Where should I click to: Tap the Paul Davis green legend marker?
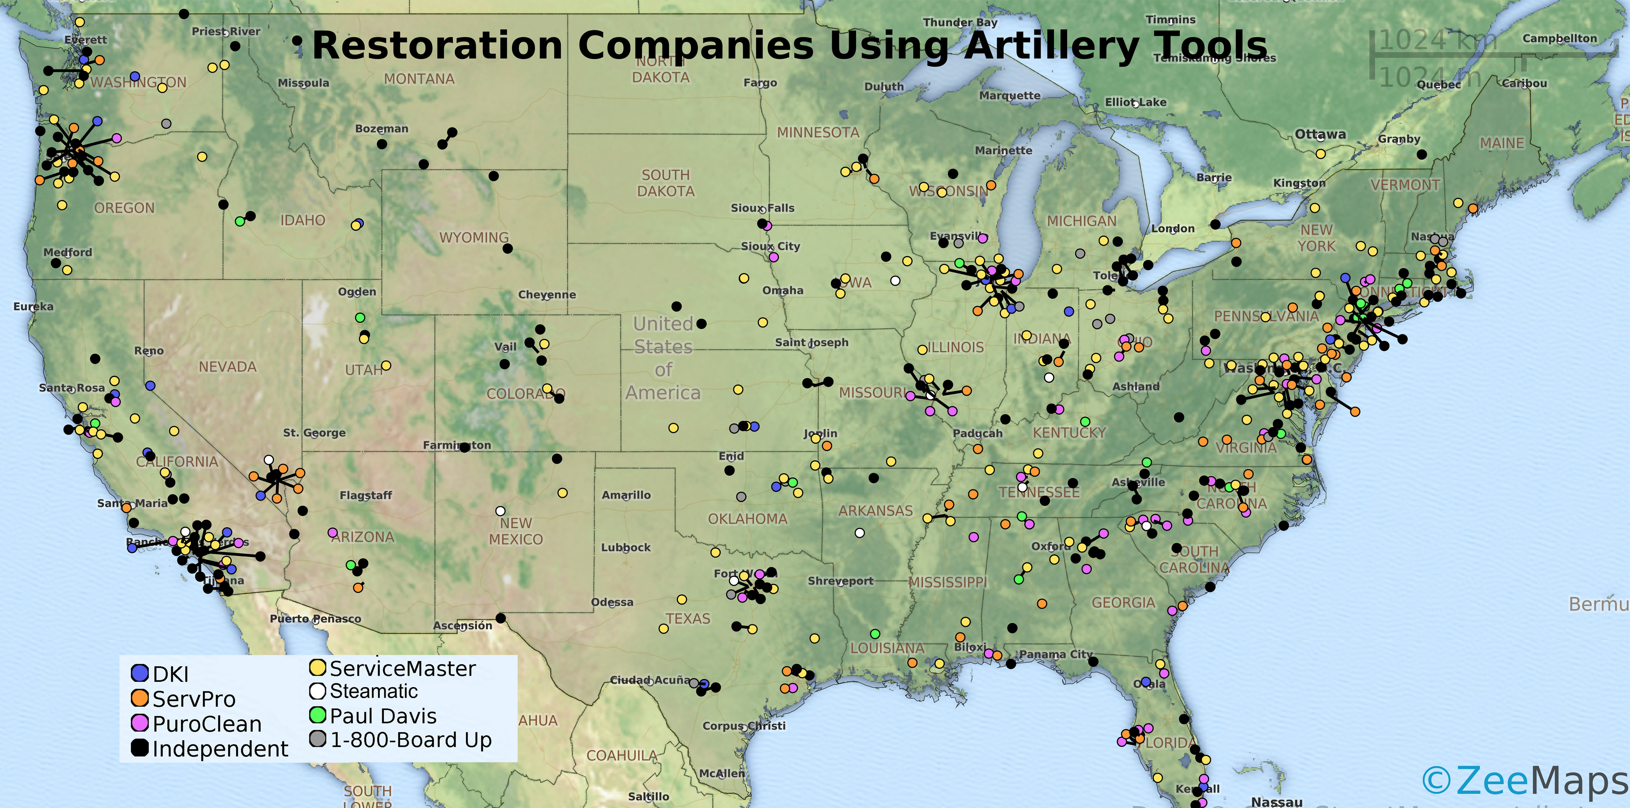pos(318,715)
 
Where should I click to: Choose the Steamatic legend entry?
pos(373,691)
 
